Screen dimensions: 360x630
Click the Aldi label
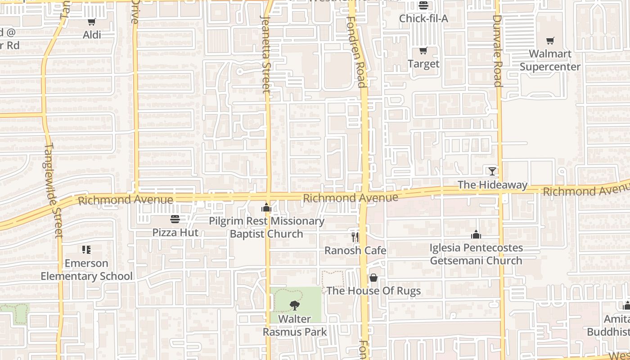tap(92, 35)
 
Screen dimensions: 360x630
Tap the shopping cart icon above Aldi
tap(92, 22)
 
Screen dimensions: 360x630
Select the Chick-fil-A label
tap(423, 18)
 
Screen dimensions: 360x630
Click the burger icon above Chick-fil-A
tap(423, 5)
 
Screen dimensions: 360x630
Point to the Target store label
tap(423, 64)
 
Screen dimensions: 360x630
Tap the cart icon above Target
tap(423, 50)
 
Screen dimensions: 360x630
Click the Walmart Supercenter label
tap(550, 60)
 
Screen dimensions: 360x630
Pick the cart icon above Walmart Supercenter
tap(550, 41)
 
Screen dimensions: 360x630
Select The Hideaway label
tap(492, 185)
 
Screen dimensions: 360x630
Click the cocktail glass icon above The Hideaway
tap(492, 171)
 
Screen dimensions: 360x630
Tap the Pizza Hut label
tap(175, 233)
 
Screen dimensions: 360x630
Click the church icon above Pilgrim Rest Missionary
tap(266, 208)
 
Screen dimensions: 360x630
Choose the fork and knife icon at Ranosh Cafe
tap(355, 237)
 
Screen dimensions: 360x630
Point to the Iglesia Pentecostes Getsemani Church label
tap(476, 254)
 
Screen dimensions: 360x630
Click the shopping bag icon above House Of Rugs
tap(373, 278)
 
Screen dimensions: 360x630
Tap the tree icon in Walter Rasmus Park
tap(295, 306)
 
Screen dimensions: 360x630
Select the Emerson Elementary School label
tap(87, 270)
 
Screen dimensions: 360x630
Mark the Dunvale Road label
tap(497, 50)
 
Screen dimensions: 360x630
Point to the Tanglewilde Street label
tap(54, 190)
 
